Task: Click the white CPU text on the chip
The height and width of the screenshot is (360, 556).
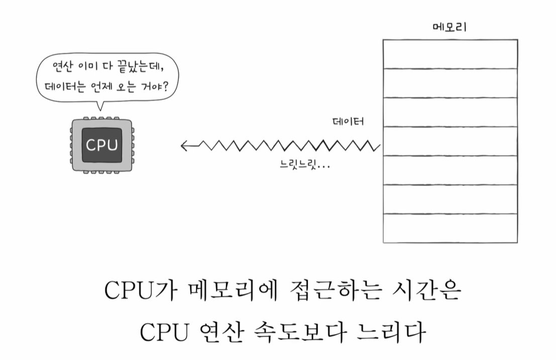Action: [102, 145]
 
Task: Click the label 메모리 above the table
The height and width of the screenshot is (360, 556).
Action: [449, 27]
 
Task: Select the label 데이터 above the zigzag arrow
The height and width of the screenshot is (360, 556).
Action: [348, 122]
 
